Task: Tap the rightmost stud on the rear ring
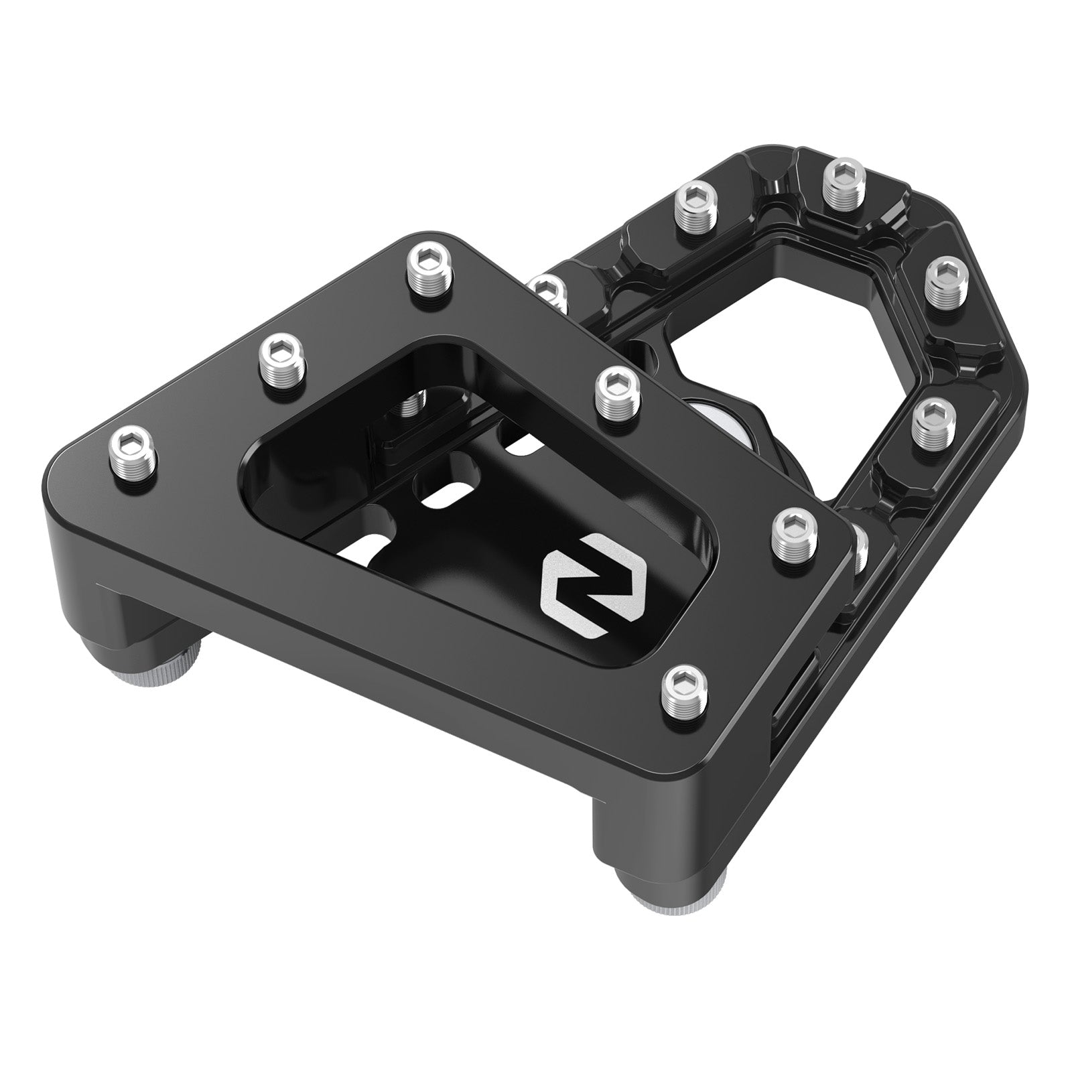944,285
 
